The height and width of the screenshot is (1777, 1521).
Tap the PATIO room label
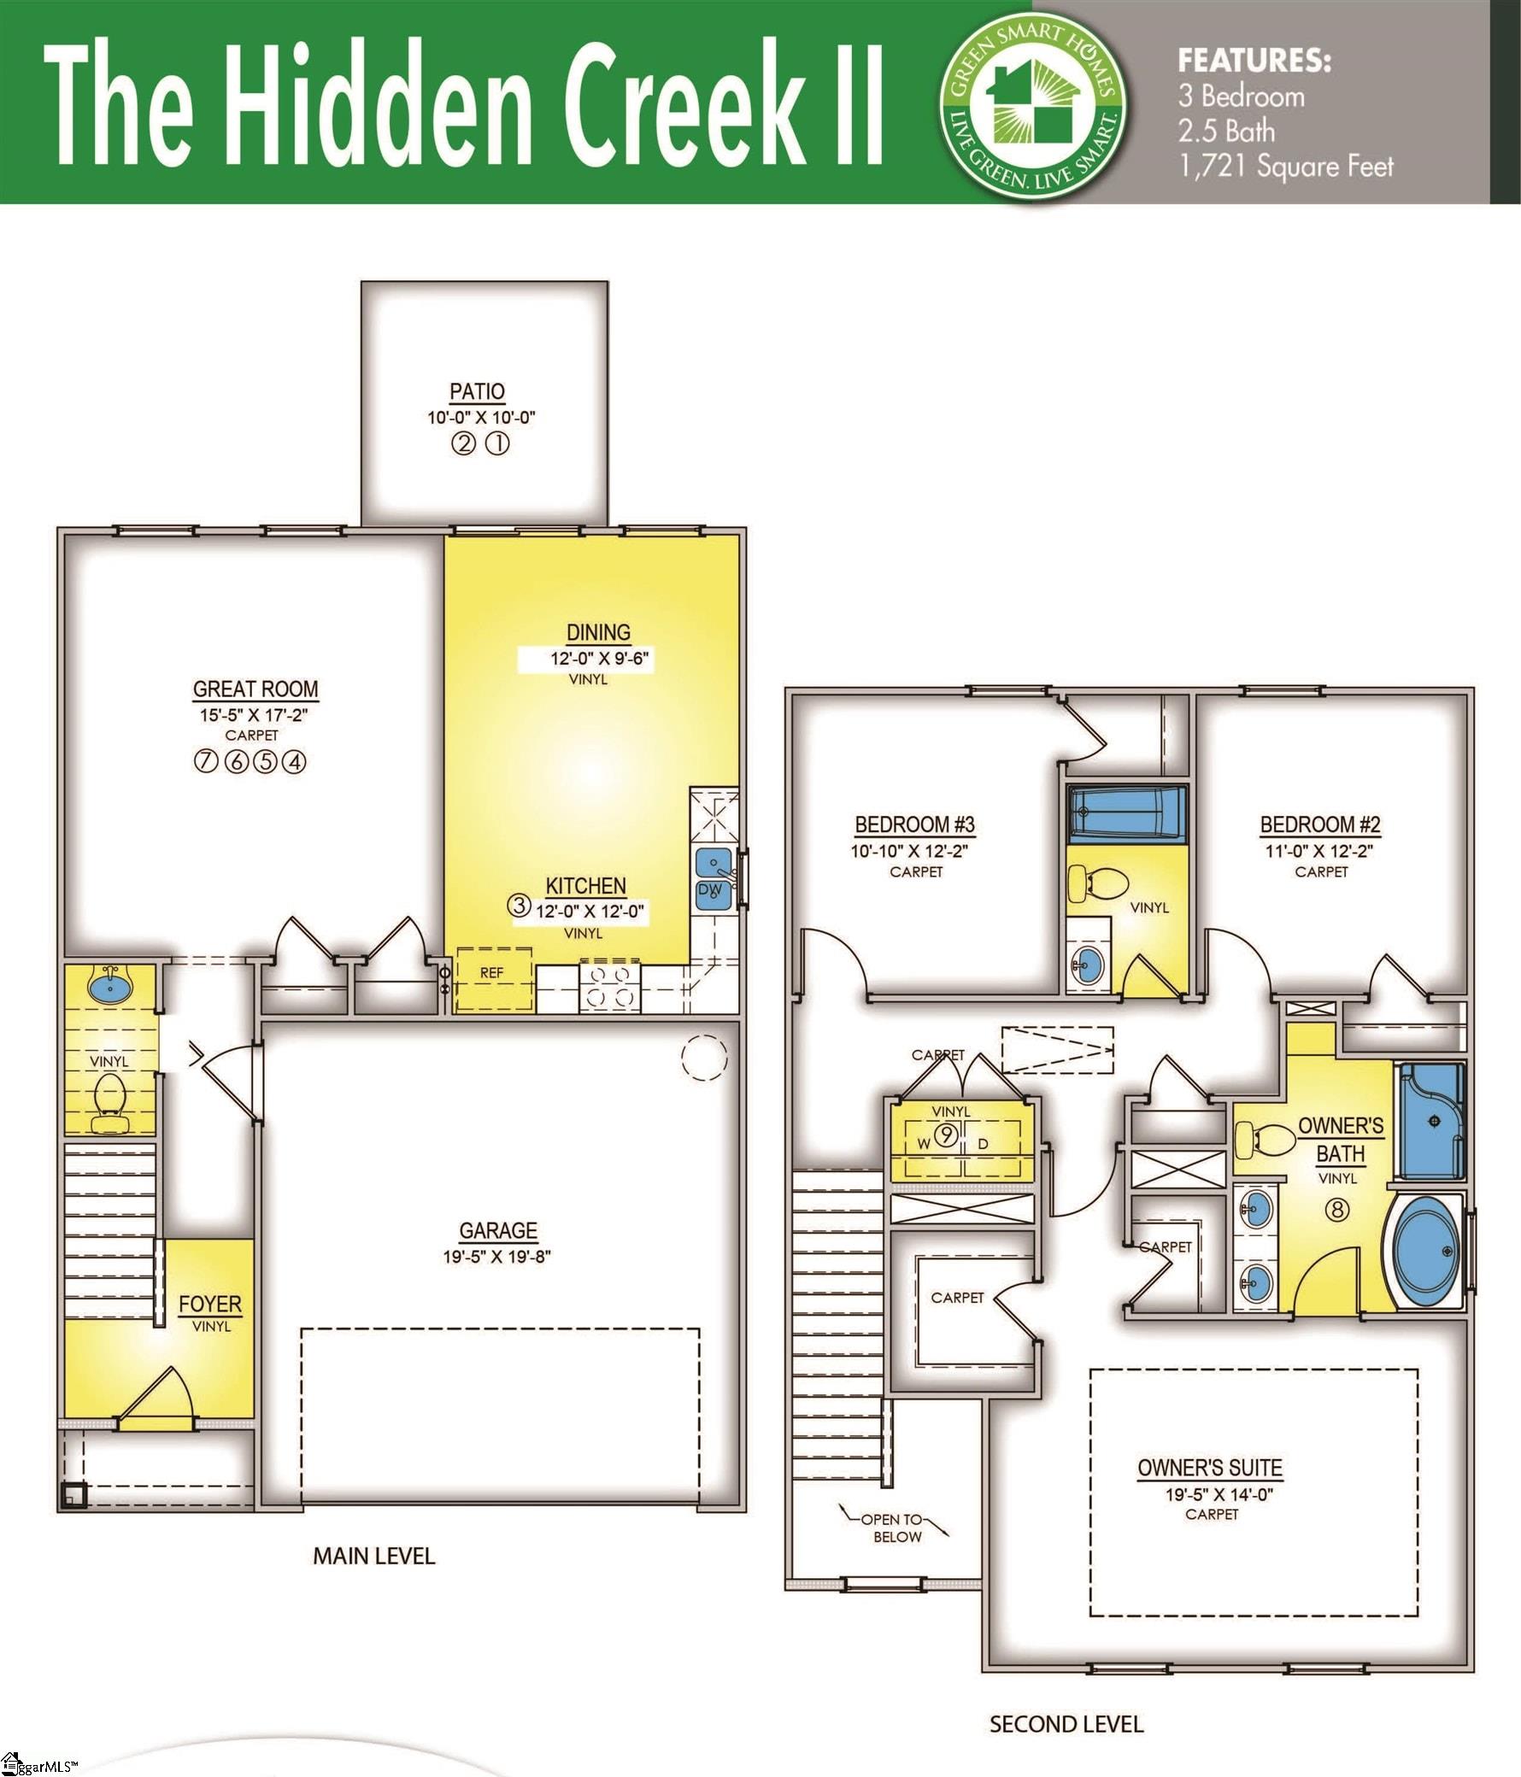click(x=477, y=391)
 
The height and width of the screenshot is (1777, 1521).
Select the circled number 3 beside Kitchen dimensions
click(x=519, y=904)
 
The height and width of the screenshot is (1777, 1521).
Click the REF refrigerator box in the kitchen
click(x=492, y=973)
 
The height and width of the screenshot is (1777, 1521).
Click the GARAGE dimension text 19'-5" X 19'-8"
click(x=497, y=1258)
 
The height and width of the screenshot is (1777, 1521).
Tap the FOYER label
click(x=210, y=1305)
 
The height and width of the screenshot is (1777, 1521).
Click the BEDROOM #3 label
click(x=914, y=825)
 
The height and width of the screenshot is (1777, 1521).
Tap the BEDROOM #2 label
click(x=1319, y=825)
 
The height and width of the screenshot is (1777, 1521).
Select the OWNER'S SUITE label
click(x=1210, y=1468)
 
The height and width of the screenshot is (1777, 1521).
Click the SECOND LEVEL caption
click(x=1066, y=1724)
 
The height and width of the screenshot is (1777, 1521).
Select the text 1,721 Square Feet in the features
click(x=1286, y=167)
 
